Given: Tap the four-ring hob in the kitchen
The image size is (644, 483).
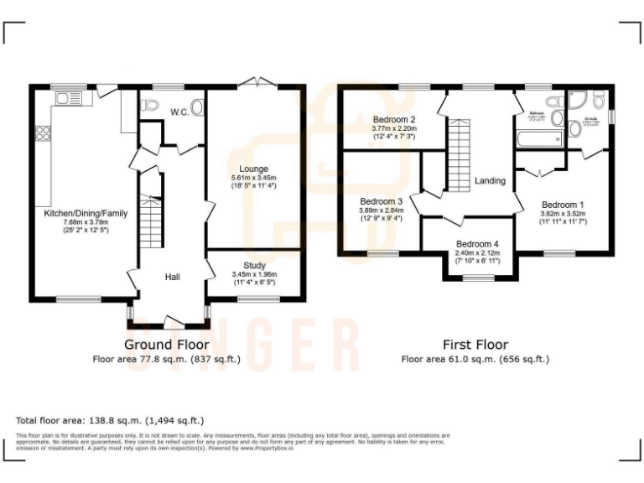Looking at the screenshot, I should [x=41, y=134].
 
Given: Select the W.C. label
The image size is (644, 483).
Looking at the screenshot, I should [x=179, y=112].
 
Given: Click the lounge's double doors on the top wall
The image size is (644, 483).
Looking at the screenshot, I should [x=254, y=82].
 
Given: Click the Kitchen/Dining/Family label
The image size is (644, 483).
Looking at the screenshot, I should [x=86, y=214].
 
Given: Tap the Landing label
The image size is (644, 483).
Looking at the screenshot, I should [x=490, y=180].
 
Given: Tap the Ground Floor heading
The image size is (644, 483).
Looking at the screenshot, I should [x=167, y=345].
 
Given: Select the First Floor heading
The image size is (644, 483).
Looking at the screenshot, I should [x=475, y=345].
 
